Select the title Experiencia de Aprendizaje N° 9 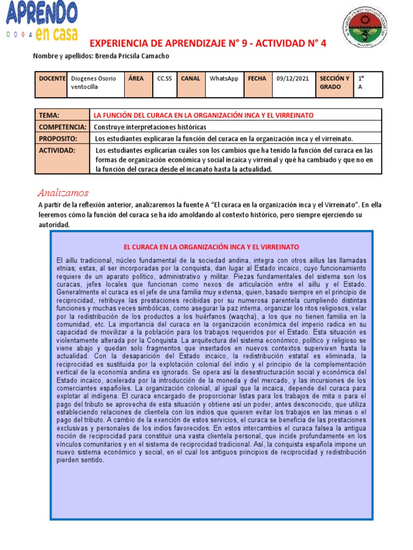pos(207,44)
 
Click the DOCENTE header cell pos(52,78)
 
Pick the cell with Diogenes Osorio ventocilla pos(94,83)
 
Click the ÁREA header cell pos(137,78)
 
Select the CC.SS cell pos(165,78)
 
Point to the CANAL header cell pos(190,78)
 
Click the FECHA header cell pos(257,78)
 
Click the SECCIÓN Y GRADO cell pos(334,83)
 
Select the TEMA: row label pos(49,115)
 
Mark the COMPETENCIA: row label pos(62,127)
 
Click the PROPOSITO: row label pos(58,139)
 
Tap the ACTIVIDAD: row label pos(57,150)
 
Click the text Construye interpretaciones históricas pos(150,127)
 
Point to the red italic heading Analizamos pos(63,192)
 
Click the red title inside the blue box pos(211,247)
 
